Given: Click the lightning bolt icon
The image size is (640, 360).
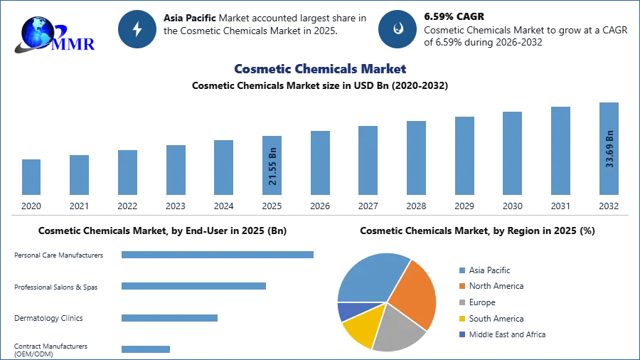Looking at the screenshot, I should coord(137,29).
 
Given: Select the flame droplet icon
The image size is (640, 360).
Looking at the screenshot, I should coord(398,29).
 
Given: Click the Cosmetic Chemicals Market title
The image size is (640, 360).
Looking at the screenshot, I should coord(320,69).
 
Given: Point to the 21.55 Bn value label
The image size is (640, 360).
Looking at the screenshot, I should coord(272,166).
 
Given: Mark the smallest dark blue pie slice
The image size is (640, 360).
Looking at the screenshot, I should coord(347,310).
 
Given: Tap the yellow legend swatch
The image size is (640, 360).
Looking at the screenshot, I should coord(462,319).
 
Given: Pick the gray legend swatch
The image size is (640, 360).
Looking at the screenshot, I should coord(462,302).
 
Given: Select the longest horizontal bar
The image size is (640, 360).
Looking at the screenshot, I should coord(218,256).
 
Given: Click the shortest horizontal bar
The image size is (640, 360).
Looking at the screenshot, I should coord(145,348).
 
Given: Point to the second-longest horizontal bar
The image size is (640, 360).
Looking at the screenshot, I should coord(193,285).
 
